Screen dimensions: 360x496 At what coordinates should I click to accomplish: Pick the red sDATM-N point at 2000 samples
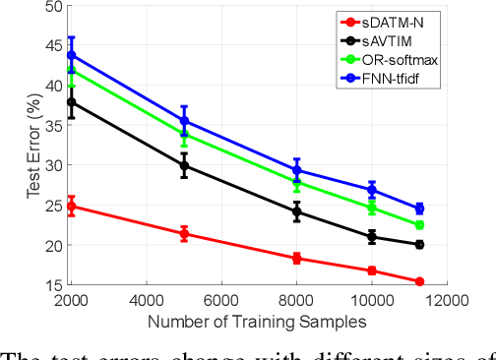coord(71,207)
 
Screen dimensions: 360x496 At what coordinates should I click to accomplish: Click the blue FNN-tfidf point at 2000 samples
coord(71,55)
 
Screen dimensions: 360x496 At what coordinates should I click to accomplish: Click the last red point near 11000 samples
coord(419,282)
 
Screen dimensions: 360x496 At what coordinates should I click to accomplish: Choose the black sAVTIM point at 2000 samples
coord(71,102)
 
